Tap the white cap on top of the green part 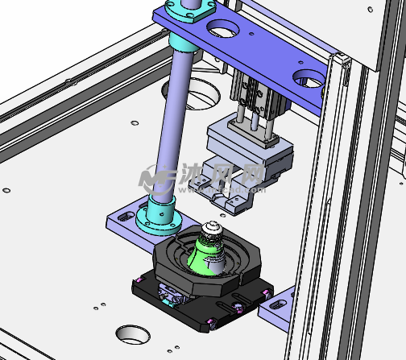pyautogui.click(x=212, y=228)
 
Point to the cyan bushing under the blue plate pyautogui.click(x=183, y=43)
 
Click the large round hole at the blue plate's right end pyautogui.click(x=309, y=78)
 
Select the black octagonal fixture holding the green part pyautogui.click(x=206, y=259)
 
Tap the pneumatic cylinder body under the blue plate pyautogui.click(x=257, y=94)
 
